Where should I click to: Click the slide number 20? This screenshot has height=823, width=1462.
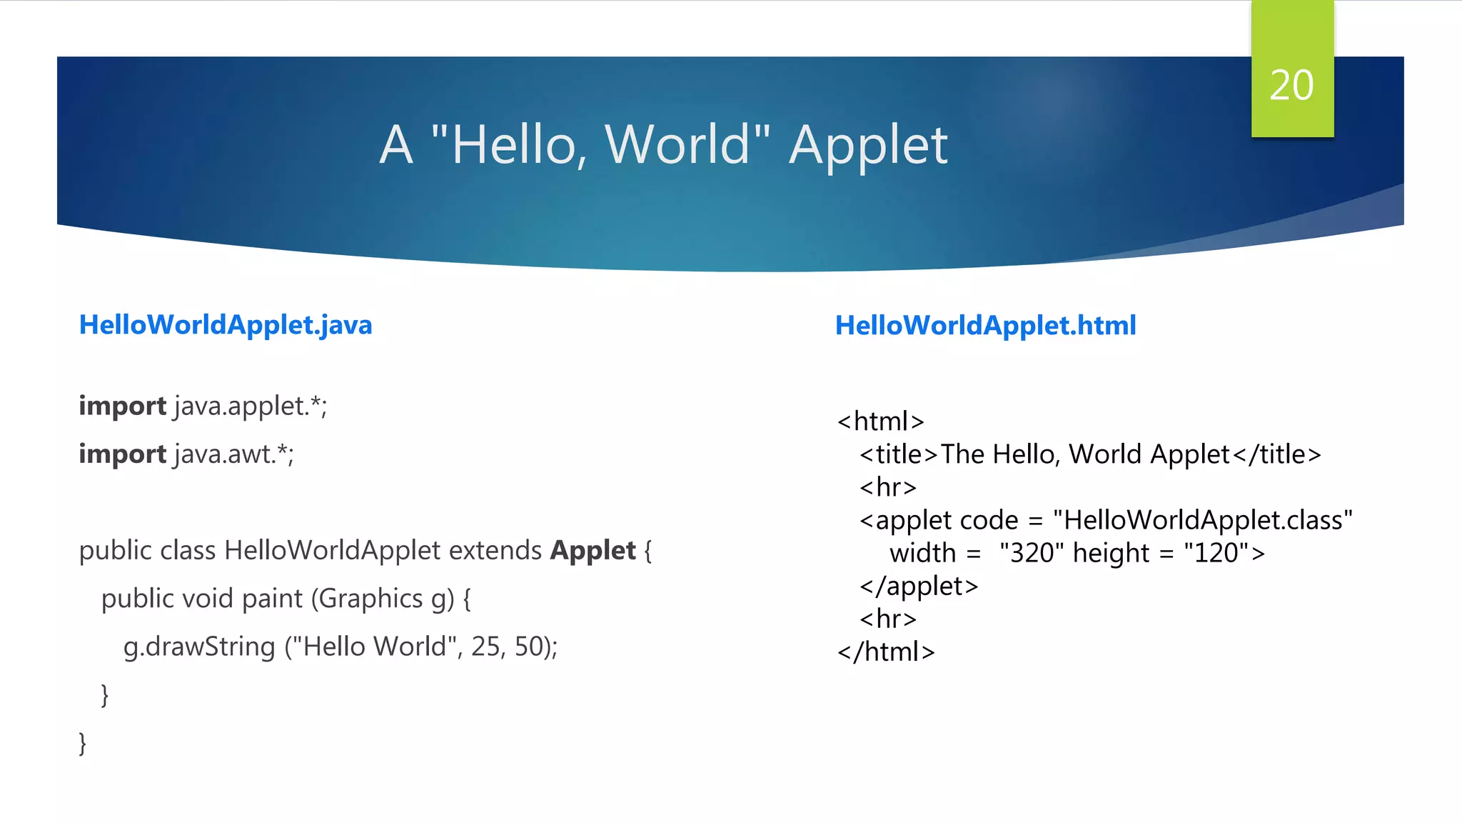click(1291, 86)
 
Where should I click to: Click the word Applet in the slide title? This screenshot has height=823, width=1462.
click(868, 146)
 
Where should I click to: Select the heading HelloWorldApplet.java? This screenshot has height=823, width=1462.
click(226, 325)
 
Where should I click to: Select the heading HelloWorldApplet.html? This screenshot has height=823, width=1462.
click(985, 326)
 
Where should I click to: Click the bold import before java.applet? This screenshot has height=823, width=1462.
click(122, 406)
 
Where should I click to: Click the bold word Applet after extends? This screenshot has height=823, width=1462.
click(593, 551)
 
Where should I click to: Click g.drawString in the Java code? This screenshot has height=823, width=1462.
click(199, 647)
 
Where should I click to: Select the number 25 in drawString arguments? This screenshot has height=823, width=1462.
click(485, 647)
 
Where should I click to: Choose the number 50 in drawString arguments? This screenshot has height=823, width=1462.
click(529, 647)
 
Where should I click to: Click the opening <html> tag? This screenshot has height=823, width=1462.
click(881, 422)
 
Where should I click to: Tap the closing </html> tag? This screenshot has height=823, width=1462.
click(886, 652)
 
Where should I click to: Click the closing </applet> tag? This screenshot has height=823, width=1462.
click(919, 587)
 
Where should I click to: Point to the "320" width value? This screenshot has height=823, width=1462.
click(1032, 553)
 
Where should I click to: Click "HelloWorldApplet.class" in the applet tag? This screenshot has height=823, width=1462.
click(1202, 520)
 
